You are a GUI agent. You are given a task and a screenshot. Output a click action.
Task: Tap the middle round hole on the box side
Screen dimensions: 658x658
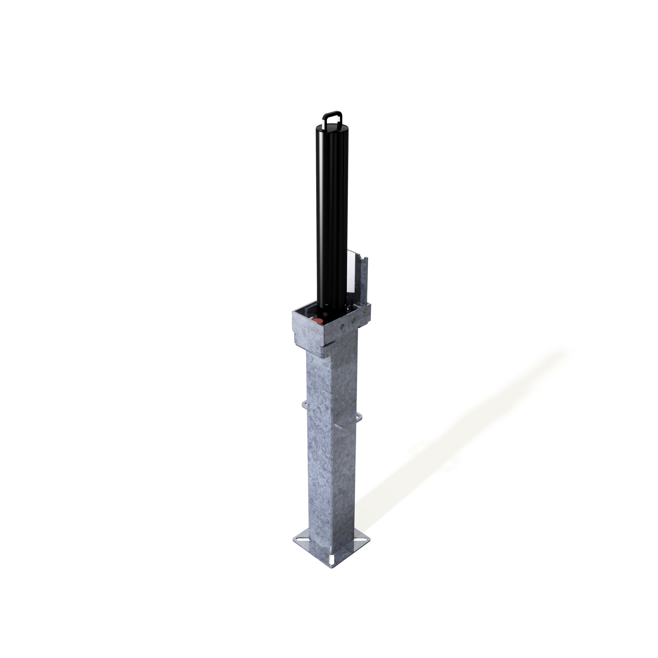(x=354, y=320)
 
